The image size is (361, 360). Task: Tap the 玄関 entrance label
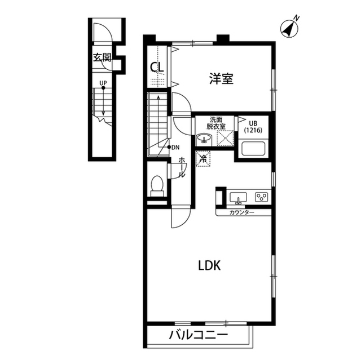[x=102, y=57]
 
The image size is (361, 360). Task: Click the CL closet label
[x=157, y=67]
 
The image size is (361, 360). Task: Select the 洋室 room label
[x=221, y=78]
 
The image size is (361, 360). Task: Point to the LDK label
[x=209, y=265]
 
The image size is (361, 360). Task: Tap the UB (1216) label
[x=253, y=127]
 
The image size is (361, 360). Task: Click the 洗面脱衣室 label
[x=215, y=123]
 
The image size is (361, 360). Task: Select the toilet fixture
[x=157, y=186]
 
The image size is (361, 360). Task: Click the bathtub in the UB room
[x=253, y=149]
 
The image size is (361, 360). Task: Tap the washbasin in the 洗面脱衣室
[x=204, y=139]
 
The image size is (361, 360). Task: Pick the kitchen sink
[x=238, y=198]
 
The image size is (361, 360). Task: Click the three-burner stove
[x=262, y=197]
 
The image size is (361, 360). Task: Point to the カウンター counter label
[x=242, y=212]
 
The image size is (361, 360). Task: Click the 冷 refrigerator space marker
[x=203, y=158]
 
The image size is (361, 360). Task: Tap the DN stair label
[x=175, y=148]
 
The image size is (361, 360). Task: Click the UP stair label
[x=103, y=83]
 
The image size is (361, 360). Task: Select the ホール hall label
[x=182, y=167]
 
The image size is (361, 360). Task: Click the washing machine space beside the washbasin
[x=226, y=138]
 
